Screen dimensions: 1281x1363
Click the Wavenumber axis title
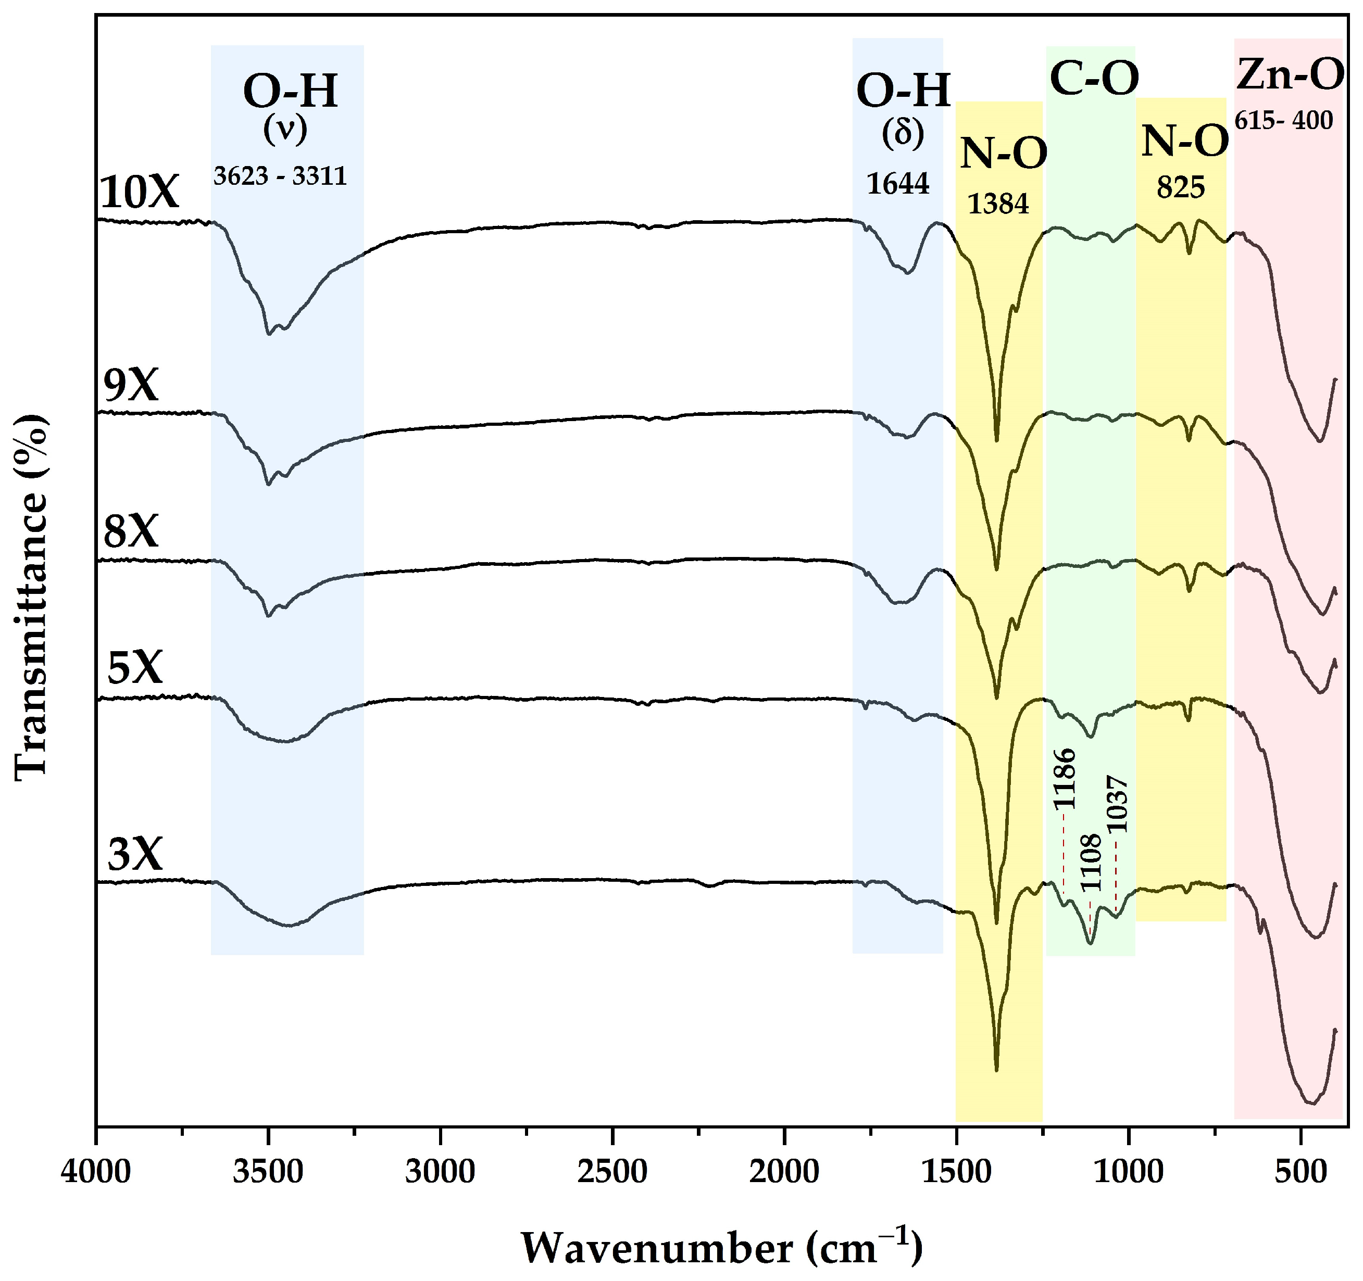(721, 1247)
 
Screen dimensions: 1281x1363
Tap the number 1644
(897, 184)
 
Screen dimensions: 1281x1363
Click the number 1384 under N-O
(998, 204)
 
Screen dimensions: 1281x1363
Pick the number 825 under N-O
(1181, 186)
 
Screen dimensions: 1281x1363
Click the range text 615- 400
(1283, 121)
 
